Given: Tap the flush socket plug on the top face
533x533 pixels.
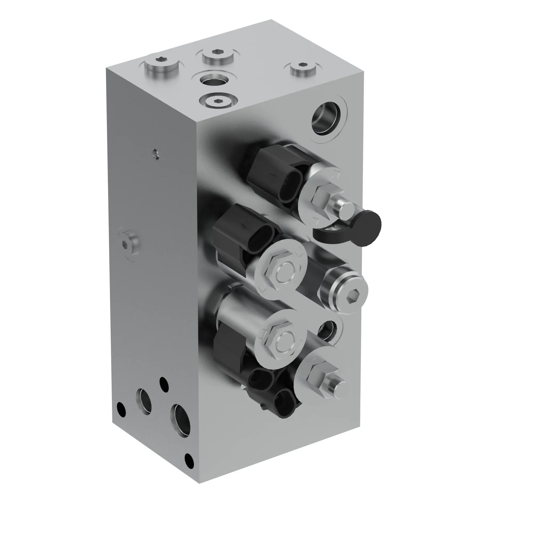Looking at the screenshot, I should (x=218, y=101).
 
